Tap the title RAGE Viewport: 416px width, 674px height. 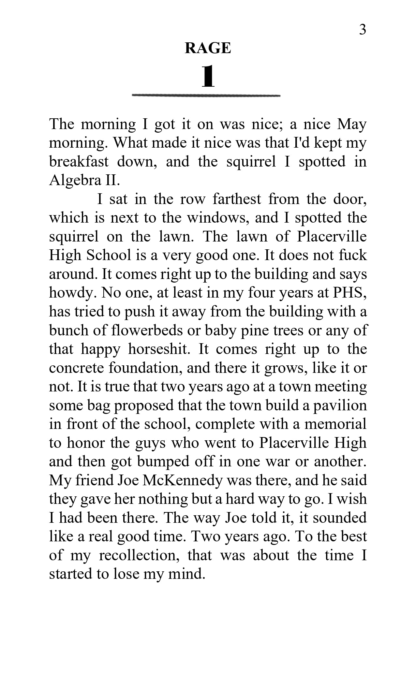pyautogui.click(x=208, y=48)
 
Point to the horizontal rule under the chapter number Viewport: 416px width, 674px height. pyautogui.click(x=206, y=95)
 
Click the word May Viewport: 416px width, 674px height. pyautogui.click(x=352, y=125)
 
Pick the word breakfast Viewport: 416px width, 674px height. pyautogui.click(x=79, y=162)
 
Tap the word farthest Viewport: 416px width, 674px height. pyautogui.click(x=237, y=199)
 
